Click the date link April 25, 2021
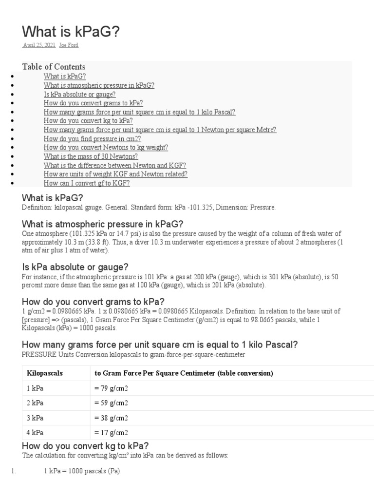(38, 45)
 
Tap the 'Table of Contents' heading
(54, 67)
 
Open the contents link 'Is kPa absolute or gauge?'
(79, 95)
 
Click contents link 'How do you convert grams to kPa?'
(93, 103)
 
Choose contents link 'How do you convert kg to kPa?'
(88, 121)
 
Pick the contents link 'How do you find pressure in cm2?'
(92, 139)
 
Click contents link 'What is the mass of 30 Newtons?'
(91, 156)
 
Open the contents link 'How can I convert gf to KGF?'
(87, 183)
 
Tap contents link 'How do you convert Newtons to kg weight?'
(106, 148)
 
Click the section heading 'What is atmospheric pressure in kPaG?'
(103, 224)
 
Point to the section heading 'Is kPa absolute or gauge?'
(75, 267)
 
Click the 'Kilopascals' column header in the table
(45, 373)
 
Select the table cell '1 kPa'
(36, 388)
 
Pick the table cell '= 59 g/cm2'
(111, 403)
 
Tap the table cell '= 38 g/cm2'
(111, 418)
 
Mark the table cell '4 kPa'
(36, 432)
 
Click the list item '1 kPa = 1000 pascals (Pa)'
(82, 471)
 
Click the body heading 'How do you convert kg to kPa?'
(85, 446)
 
